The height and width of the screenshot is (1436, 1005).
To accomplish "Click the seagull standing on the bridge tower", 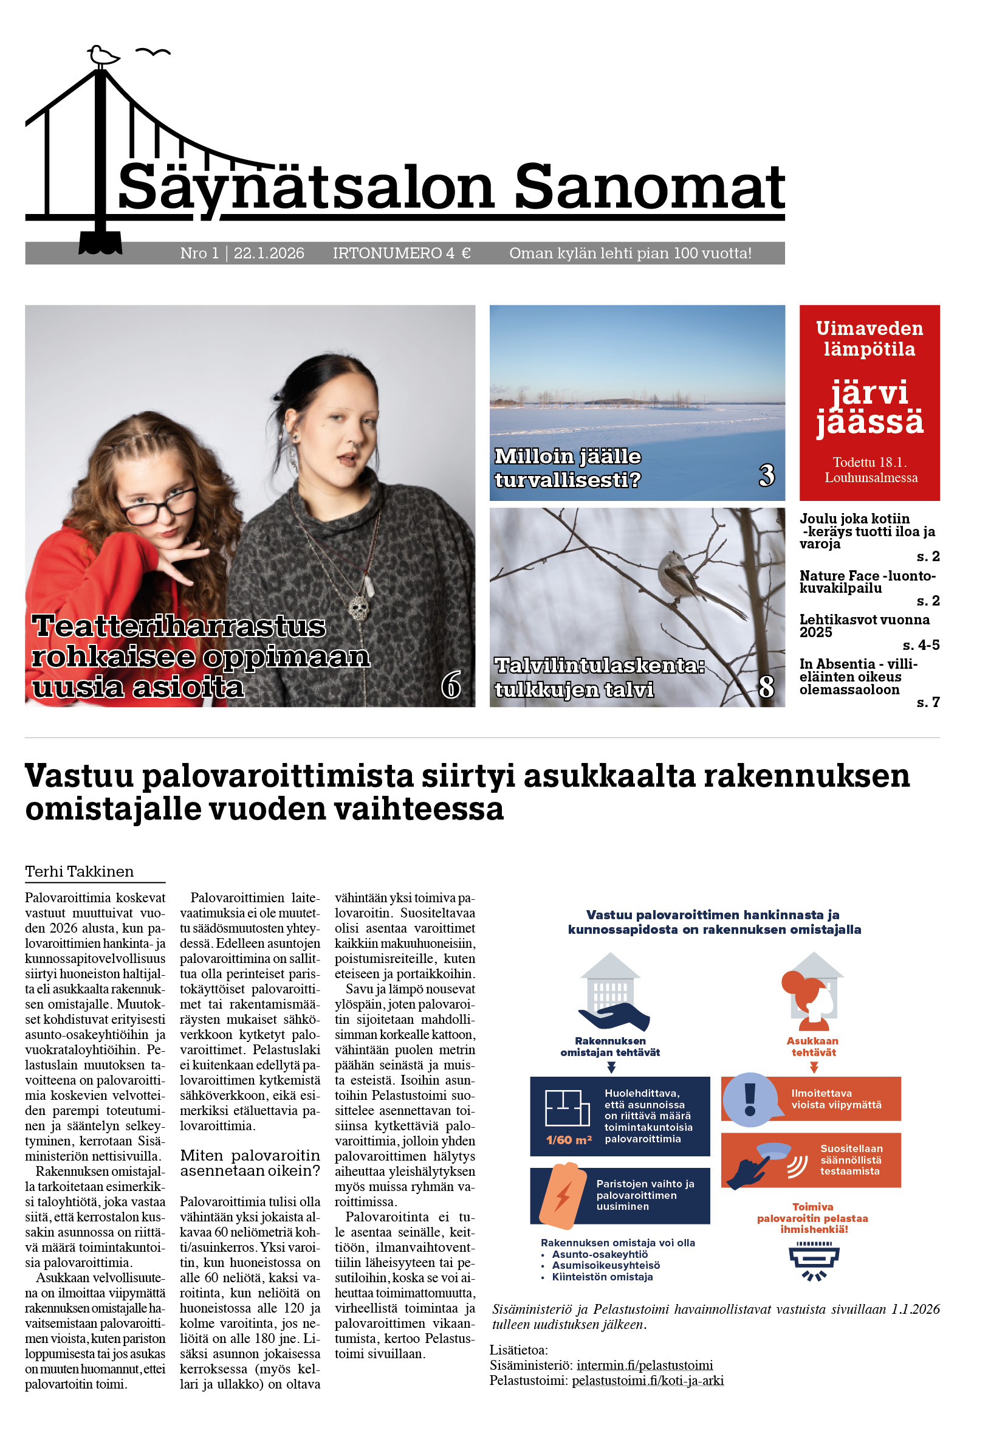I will [x=103, y=57].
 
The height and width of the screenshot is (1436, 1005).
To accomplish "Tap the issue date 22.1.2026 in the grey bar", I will [x=269, y=254].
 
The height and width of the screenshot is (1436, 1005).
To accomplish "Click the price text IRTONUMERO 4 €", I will [x=401, y=254].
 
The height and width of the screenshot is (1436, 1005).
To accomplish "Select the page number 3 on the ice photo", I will [x=766, y=475].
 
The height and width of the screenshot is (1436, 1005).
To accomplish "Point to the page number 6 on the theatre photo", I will [x=451, y=684].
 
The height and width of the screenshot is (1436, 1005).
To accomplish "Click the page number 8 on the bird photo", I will [x=766, y=687].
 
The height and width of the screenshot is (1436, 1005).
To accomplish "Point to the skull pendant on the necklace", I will [x=358, y=607].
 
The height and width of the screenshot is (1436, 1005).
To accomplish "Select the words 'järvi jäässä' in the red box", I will [x=870, y=407].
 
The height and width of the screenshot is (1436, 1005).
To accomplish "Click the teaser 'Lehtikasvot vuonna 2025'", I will [x=864, y=626].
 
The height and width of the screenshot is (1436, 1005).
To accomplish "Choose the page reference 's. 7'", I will [x=927, y=702].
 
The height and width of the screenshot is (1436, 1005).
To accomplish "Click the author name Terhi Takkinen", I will [x=80, y=871].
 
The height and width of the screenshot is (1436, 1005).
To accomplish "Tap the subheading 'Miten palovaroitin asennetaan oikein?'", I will [x=250, y=1162].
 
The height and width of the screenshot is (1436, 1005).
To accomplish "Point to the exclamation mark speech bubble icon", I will [x=750, y=1100].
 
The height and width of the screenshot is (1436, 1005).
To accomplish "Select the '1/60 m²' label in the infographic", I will [x=569, y=1139].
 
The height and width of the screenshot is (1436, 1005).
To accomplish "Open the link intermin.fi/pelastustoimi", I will [x=644, y=1365].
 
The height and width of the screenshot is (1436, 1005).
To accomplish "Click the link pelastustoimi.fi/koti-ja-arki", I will [x=648, y=1380].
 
